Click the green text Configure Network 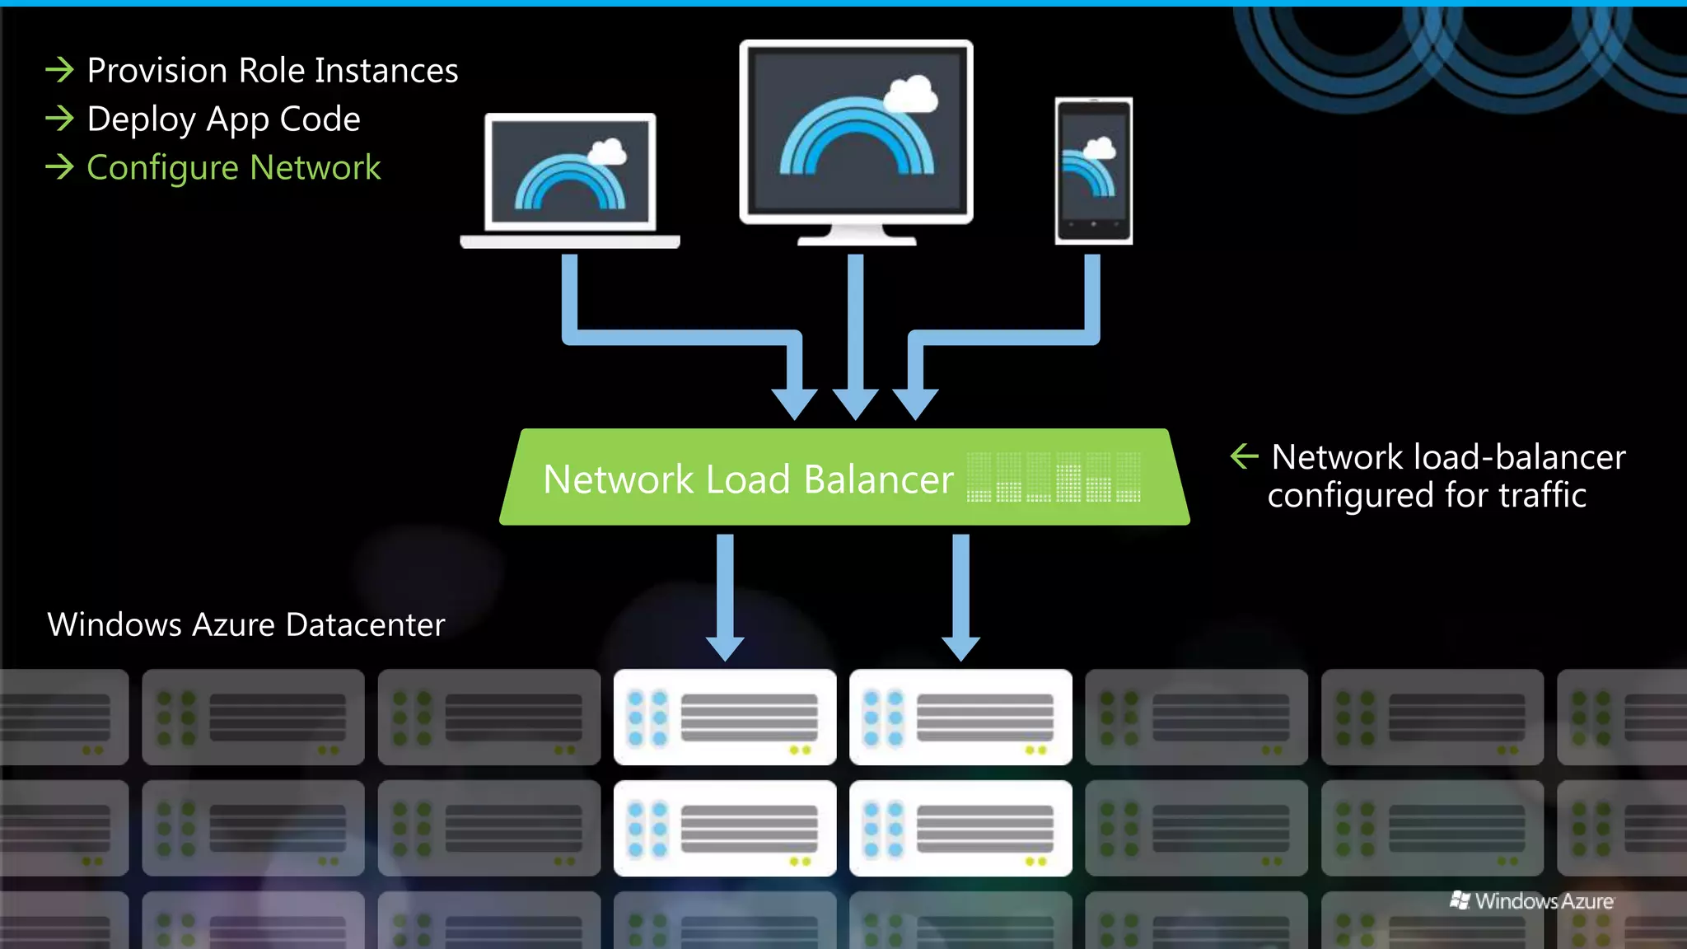point(233,168)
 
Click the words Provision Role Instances point(272,71)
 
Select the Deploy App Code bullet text point(223,119)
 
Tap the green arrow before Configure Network point(59,167)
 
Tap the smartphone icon point(1094,171)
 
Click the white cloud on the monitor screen point(910,95)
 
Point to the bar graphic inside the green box point(1054,478)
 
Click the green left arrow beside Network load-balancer point(1244,456)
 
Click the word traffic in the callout point(1542,496)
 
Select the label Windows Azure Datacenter point(245,625)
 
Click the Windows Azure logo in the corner point(1531,901)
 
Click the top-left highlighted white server point(725,717)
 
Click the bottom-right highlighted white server point(960,828)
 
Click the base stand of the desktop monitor point(857,238)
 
